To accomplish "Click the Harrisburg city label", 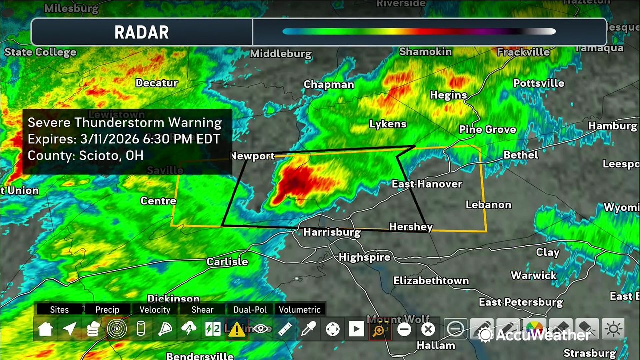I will pos(332,232).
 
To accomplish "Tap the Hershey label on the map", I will pos(411,227).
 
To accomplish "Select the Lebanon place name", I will pos(488,205).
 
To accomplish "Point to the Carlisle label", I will pos(227,262).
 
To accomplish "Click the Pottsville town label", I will pos(539,83).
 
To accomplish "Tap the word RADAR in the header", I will pos(142,33).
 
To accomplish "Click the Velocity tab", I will pos(155,310).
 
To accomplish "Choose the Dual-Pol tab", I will pos(250,310).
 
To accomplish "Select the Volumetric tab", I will pos(300,310).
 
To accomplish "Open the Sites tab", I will pos(59,310).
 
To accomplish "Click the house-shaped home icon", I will pos(46,329).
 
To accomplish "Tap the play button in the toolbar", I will pos(356,329).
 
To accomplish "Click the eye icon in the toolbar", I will pos(260,329).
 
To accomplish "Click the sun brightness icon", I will pos(613,329).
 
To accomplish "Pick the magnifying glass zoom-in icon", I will pos(379,329).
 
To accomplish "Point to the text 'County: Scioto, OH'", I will pos(85,155).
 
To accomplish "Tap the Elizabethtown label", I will pos(431,281).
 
